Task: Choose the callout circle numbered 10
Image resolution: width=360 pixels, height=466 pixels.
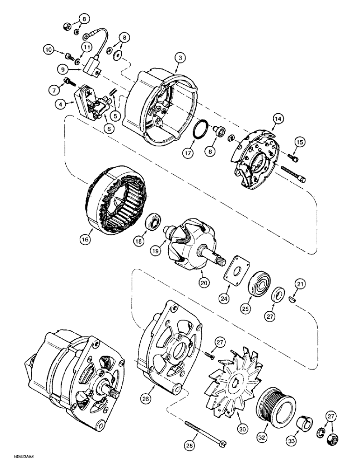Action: [x=49, y=49]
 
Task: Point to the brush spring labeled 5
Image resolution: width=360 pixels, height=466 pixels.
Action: [x=113, y=95]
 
